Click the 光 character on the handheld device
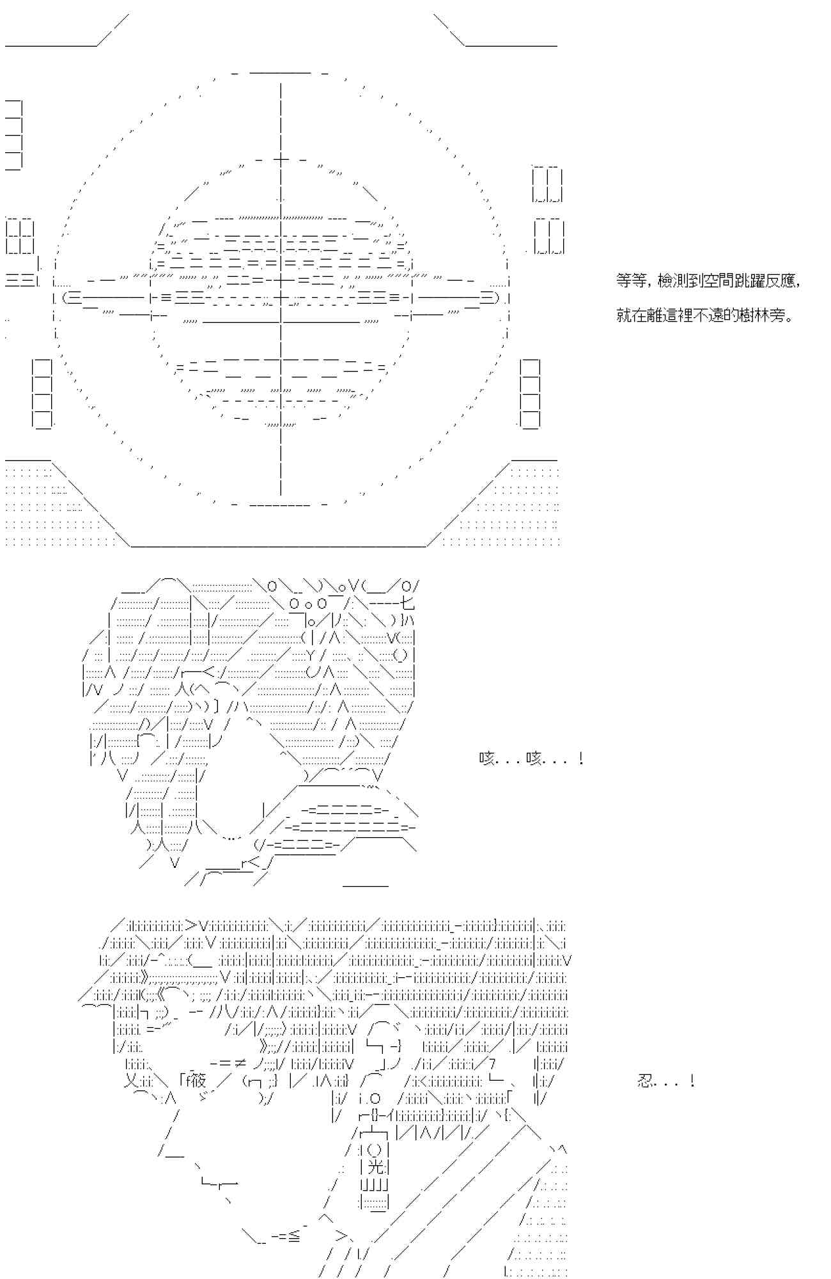(377, 1166)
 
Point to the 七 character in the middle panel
(407, 603)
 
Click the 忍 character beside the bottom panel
(646, 1081)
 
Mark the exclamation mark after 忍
(692, 1081)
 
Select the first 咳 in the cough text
(488, 759)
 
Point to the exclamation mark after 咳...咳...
(580, 759)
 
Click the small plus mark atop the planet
(281, 159)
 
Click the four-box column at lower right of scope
(530, 393)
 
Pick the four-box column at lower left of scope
(42, 393)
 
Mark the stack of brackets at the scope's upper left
(14, 135)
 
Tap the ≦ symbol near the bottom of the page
(293, 1237)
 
